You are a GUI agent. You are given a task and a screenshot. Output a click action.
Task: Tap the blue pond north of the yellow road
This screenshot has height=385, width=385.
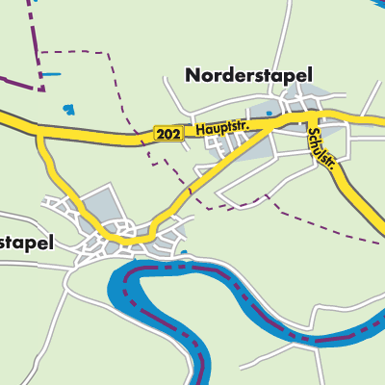click(x=66, y=111)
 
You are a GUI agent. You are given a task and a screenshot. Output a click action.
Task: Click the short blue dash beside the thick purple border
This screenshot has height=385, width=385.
click(x=51, y=74)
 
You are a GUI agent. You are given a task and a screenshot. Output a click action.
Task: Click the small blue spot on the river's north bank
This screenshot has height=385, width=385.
click(x=184, y=253)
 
